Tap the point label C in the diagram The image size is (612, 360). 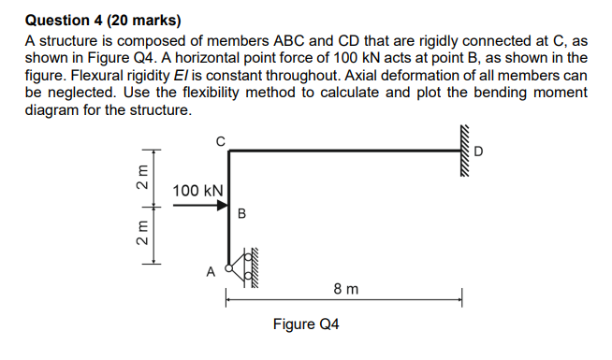tap(220, 140)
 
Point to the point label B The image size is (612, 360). tap(241, 213)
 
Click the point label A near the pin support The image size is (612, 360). tap(211, 272)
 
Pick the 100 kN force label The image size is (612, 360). tap(197, 191)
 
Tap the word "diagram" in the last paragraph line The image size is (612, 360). tap(51, 109)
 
